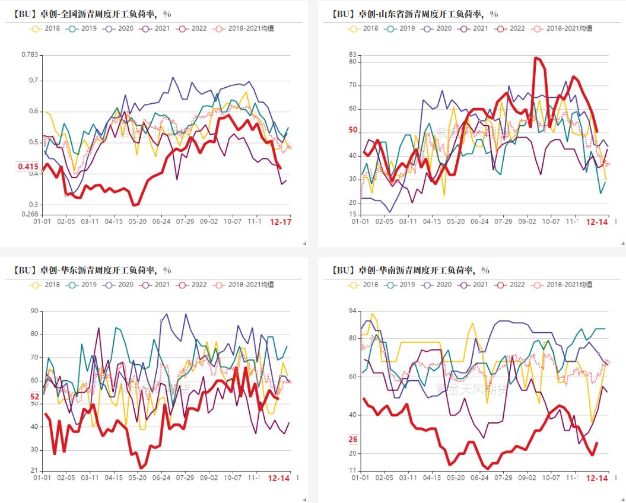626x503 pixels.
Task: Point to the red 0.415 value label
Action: (28, 167)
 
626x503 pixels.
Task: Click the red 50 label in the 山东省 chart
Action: (353, 130)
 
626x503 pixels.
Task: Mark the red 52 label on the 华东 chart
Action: (35, 397)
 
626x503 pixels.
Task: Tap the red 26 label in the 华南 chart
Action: (353, 440)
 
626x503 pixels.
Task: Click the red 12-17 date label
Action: (280, 221)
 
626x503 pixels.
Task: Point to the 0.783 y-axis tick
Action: (30, 55)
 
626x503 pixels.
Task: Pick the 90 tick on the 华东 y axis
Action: (34, 311)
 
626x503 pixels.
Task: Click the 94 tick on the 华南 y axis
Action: (353, 311)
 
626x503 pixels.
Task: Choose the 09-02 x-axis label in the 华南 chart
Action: (527, 477)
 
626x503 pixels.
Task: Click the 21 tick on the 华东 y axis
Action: (34, 470)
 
